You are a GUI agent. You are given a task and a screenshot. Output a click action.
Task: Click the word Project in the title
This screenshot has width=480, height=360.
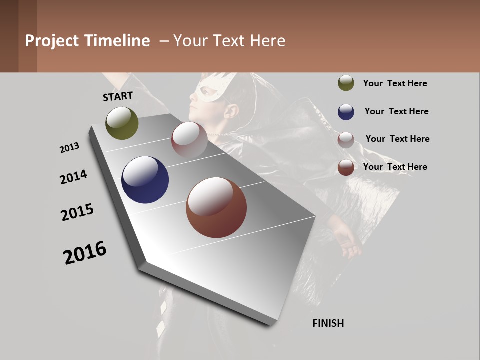coord(52,41)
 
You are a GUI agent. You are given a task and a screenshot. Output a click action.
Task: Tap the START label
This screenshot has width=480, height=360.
coord(118,96)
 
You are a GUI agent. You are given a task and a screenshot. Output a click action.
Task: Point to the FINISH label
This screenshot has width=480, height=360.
coord(328,323)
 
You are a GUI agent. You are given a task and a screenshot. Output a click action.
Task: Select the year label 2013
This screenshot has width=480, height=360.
coord(69,148)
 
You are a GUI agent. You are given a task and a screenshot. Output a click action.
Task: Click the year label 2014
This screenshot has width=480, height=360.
coord(73,177)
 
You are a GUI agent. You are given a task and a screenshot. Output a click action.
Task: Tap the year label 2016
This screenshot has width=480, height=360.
coord(85,253)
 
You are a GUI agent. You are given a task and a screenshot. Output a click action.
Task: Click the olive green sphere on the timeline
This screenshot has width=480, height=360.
coord(122,123)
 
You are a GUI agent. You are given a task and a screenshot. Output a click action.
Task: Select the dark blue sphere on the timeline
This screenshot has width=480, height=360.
coord(145,180)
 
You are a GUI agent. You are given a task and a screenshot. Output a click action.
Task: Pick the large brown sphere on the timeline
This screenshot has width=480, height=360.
coord(216,207)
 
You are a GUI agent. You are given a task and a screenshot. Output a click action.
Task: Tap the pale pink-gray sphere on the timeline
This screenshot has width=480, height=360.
coord(189,140)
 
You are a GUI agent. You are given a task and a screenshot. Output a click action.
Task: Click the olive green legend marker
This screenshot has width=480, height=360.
coord(346,83)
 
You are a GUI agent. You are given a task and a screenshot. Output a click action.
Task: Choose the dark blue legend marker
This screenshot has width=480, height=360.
coord(346,111)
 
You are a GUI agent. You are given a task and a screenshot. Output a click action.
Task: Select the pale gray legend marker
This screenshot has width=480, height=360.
coord(346,139)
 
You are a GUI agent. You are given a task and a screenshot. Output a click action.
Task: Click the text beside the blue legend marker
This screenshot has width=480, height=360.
coord(396,111)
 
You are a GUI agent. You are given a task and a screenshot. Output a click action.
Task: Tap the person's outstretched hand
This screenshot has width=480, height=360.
coord(348,243)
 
